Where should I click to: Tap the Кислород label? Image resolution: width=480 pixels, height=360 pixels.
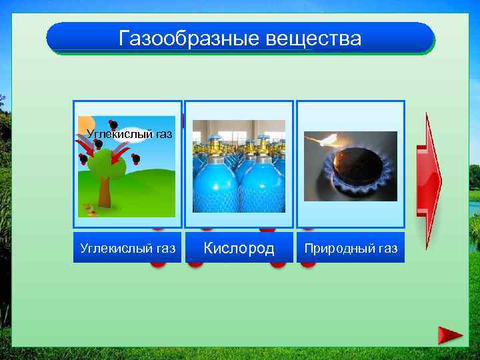click(x=239, y=249)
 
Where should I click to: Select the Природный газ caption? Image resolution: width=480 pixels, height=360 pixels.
click(x=351, y=249)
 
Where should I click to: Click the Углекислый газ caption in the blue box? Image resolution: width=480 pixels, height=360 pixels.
click(x=127, y=249)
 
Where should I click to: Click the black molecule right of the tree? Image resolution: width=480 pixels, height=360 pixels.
click(x=135, y=159)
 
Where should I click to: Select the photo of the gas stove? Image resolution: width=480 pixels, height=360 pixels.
click(x=351, y=167)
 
